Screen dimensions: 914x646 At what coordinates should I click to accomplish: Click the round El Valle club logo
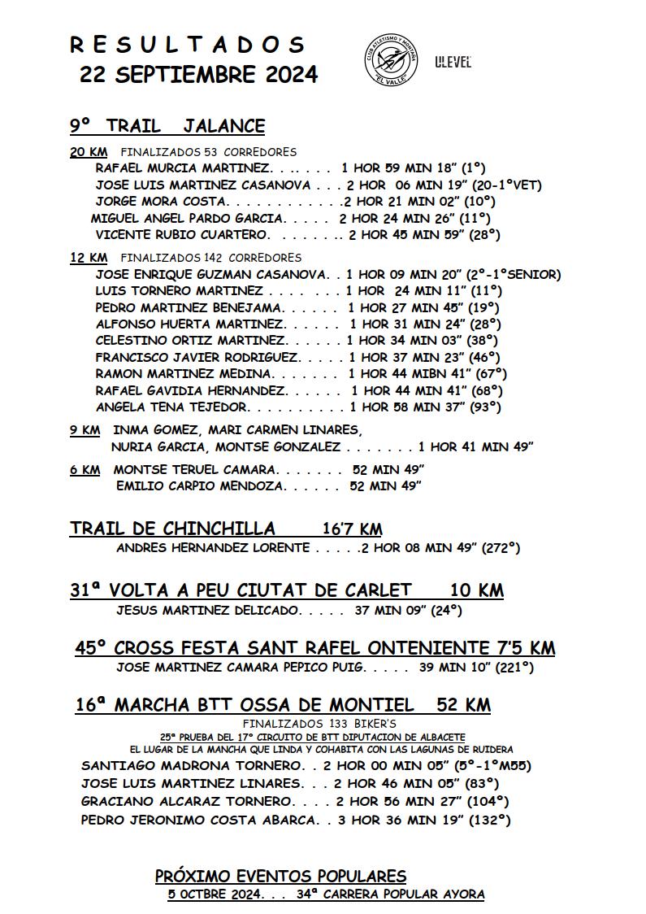tap(390, 60)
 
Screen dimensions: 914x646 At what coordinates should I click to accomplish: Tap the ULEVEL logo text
tap(453, 62)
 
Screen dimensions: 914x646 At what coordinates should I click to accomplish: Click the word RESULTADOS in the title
tap(188, 44)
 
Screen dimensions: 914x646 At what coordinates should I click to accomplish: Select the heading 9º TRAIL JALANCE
tap(167, 126)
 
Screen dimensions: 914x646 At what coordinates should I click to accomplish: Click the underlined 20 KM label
tap(88, 152)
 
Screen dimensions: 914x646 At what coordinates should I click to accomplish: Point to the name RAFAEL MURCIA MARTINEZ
tap(182, 168)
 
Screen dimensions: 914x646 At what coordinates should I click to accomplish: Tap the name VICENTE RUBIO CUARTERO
tap(181, 235)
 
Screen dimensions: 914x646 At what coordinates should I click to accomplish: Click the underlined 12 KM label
tap(88, 258)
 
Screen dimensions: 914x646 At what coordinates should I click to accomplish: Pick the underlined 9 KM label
tap(85, 429)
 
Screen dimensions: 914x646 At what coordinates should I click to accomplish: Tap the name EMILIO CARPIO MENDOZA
tap(200, 486)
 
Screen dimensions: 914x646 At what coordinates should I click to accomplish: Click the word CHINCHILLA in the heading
tap(219, 529)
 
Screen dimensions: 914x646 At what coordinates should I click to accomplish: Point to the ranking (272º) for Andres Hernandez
tap(501, 548)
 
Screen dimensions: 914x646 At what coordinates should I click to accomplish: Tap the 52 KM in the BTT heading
tap(463, 704)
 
